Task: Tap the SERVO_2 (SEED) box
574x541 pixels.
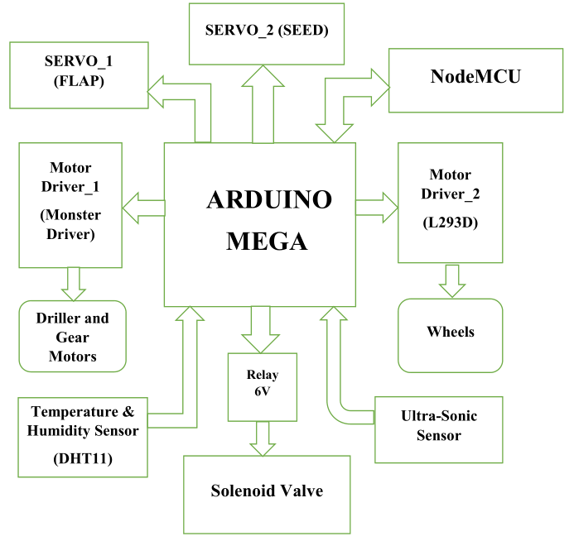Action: coord(267,33)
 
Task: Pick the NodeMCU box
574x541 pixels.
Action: coord(475,78)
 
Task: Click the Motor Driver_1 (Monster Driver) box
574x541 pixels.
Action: coord(70,204)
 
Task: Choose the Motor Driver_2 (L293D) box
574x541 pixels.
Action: coord(450,203)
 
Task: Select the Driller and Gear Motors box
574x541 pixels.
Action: coord(72,337)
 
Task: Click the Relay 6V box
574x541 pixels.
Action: coord(262,386)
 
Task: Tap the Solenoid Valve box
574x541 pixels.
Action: coord(266,493)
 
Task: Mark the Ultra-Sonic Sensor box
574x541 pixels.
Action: coord(438,428)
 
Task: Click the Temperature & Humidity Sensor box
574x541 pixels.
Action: coord(83,436)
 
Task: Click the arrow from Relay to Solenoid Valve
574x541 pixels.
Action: coord(263,438)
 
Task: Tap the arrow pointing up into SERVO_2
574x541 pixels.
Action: coord(263,103)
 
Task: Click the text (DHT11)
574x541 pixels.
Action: coord(82,459)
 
